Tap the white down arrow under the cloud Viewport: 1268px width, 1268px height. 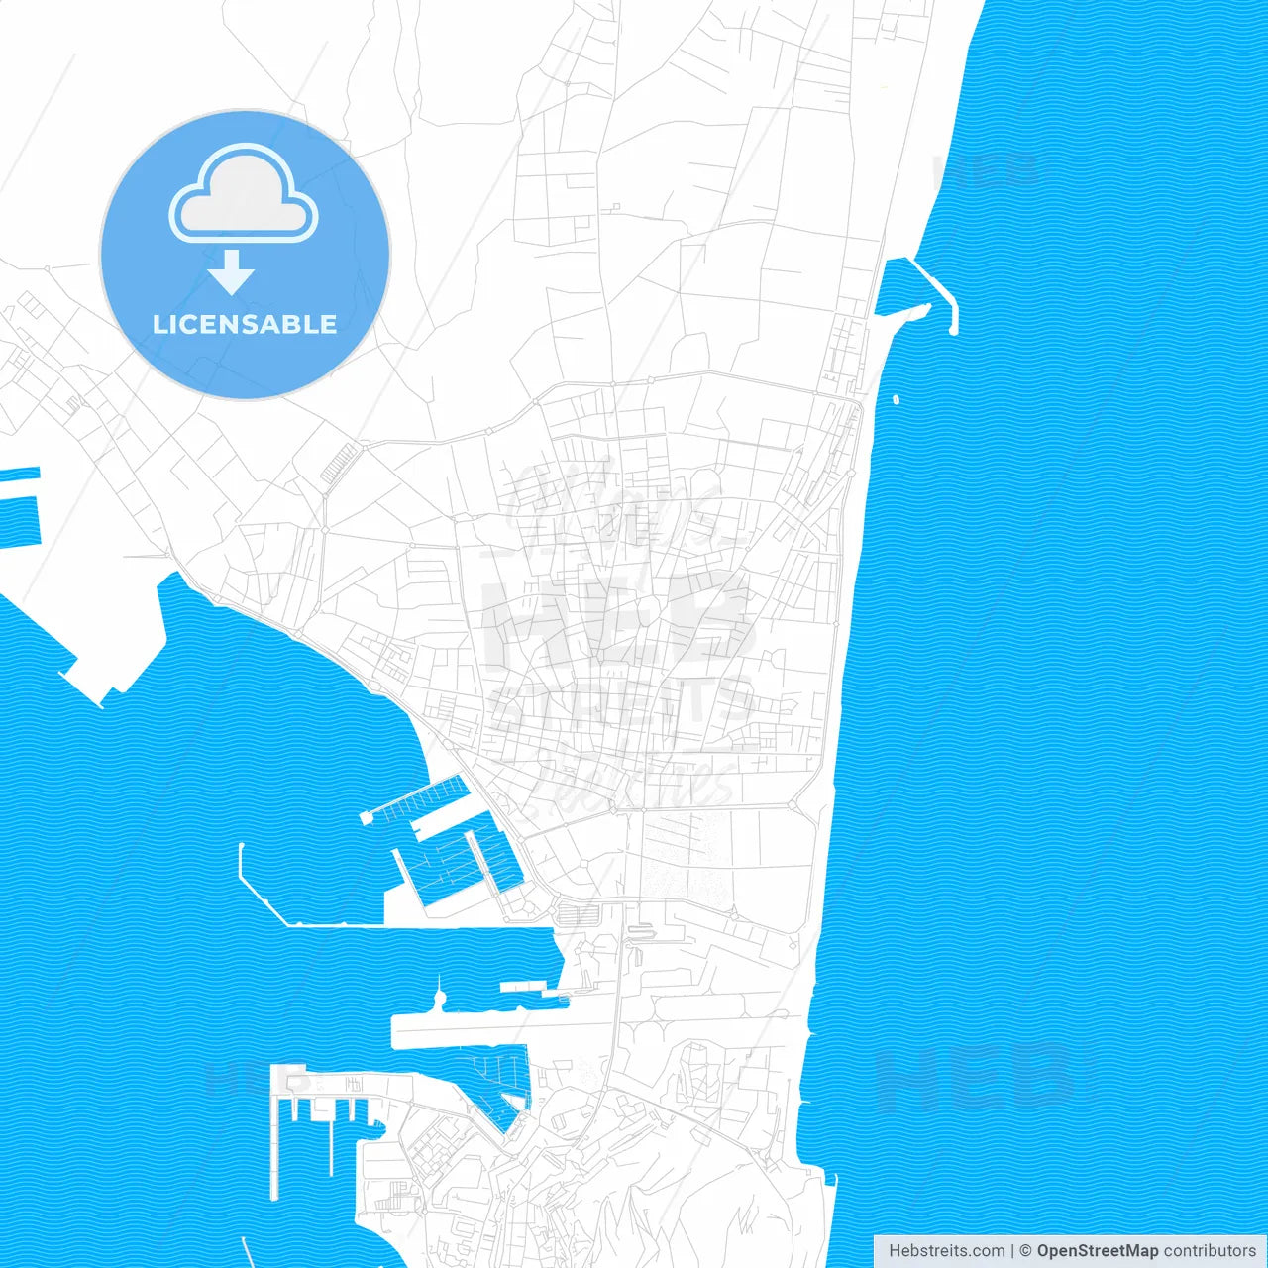232,271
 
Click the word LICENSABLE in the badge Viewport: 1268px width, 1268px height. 245,324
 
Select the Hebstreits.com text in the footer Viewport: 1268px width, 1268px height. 946,1251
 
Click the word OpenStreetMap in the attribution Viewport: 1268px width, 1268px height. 1097,1251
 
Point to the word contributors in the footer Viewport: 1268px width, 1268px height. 1209,1251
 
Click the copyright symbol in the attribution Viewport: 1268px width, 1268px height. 1025,1251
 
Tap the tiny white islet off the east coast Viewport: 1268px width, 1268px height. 897,400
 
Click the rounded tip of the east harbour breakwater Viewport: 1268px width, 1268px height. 953,330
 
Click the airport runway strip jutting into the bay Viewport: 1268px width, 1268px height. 466,1031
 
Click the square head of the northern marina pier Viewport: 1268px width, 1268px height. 366,818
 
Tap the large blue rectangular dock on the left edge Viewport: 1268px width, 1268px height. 18,521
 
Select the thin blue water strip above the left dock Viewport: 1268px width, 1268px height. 20,474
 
